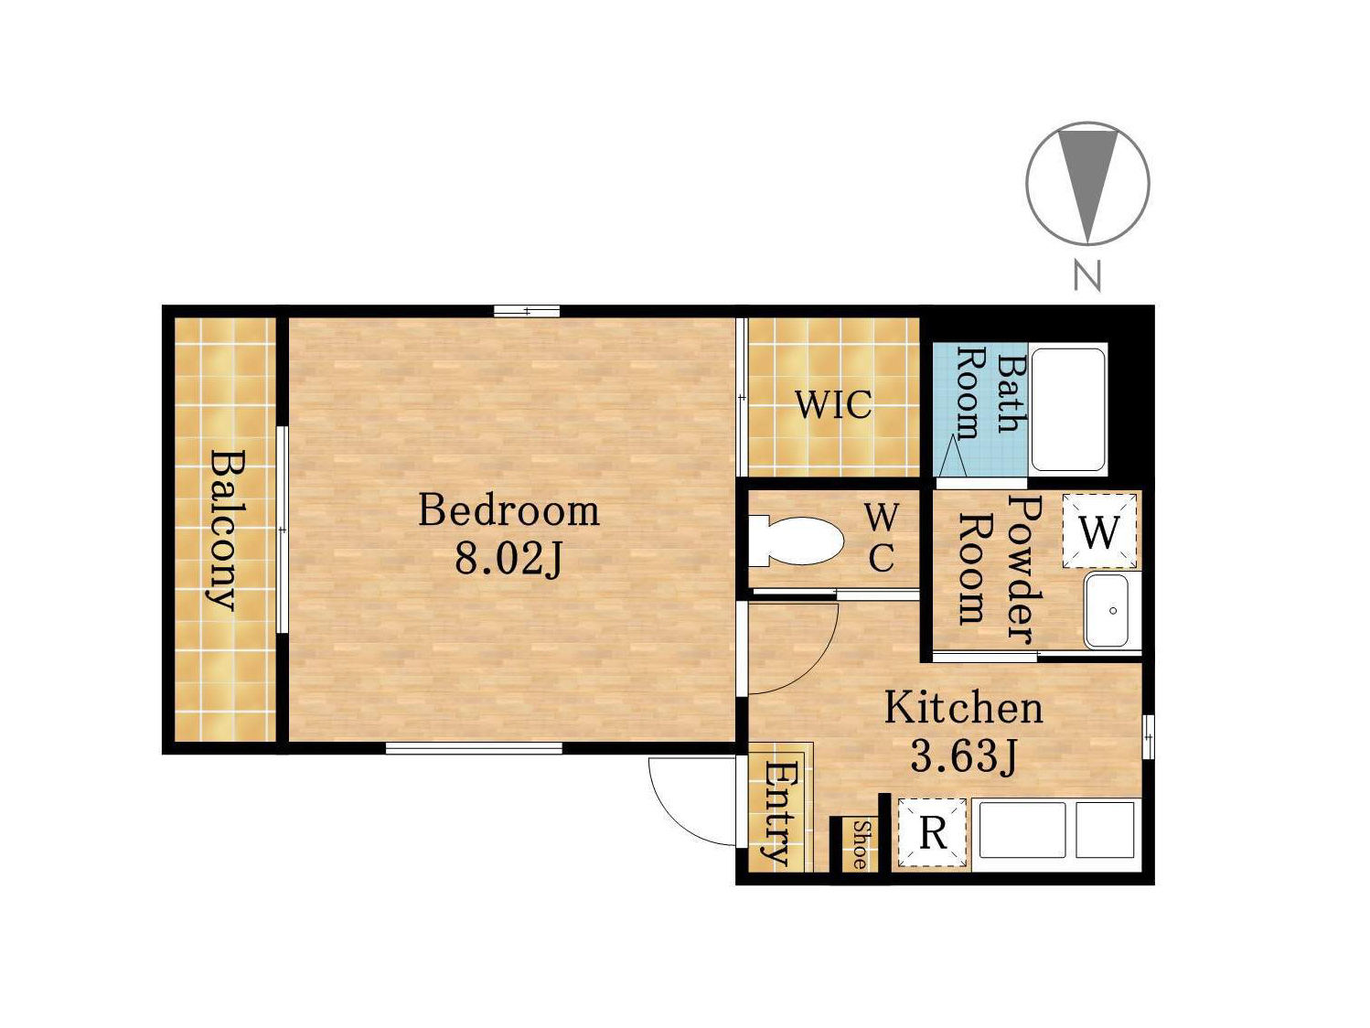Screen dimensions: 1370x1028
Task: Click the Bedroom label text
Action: pos(508,511)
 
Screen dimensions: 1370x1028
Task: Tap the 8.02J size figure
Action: pos(508,559)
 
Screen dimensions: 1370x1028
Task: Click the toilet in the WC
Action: pos(796,541)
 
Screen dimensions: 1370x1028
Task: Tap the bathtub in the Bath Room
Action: pos(1068,410)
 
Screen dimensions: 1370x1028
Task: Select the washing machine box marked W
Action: pos(1099,531)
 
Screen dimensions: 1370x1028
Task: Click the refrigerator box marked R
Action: pos(933,833)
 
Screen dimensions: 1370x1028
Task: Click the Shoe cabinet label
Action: pos(860,845)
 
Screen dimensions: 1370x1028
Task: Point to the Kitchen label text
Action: pos(964,709)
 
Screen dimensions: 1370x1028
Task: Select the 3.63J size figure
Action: pos(964,757)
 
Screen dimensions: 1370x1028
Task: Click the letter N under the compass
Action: pos(1086,275)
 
